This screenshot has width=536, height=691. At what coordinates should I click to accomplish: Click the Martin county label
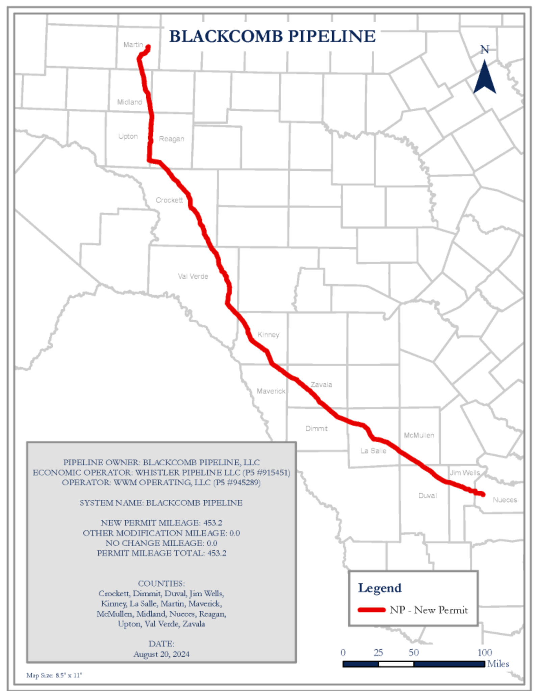pyautogui.click(x=133, y=45)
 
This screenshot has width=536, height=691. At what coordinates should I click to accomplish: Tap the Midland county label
pyautogui.click(x=130, y=102)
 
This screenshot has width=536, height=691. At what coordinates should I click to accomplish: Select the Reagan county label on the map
pyautogui.click(x=172, y=139)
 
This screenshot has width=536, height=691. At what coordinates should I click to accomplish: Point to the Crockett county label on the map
pyautogui.click(x=169, y=200)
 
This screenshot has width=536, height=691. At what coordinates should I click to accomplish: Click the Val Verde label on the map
pyautogui.click(x=193, y=276)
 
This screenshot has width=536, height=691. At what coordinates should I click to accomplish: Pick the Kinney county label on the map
pyautogui.click(x=269, y=335)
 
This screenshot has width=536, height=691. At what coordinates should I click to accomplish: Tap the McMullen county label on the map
pyautogui.click(x=419, y=435)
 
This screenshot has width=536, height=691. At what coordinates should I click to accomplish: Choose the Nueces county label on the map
pyautogui.click(x=505, y=500)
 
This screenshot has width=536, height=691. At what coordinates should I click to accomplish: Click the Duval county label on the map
pyautogui.click(x=428, y=496)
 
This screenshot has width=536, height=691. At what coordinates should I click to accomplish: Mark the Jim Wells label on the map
pyautogui.click(x=465, y=473)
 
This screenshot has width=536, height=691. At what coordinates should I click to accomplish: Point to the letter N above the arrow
pyautogui.click(x=485, y=50)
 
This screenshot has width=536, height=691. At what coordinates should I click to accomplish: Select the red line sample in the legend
pyautogui.click(x=372, y=610)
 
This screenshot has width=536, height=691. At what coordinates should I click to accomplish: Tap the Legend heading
pyautogui.click(x=380, y=588)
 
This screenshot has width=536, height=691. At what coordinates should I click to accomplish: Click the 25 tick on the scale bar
pyautogui.click(x=378, y=653)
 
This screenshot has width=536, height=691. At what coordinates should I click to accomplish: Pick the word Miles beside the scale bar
pyautogui.click(x=498, y=664)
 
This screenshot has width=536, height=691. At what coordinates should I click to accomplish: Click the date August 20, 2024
pyautogui.click(x=161, y=654)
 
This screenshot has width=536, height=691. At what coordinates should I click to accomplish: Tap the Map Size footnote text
pyautogui.click(x=54, y=675)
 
